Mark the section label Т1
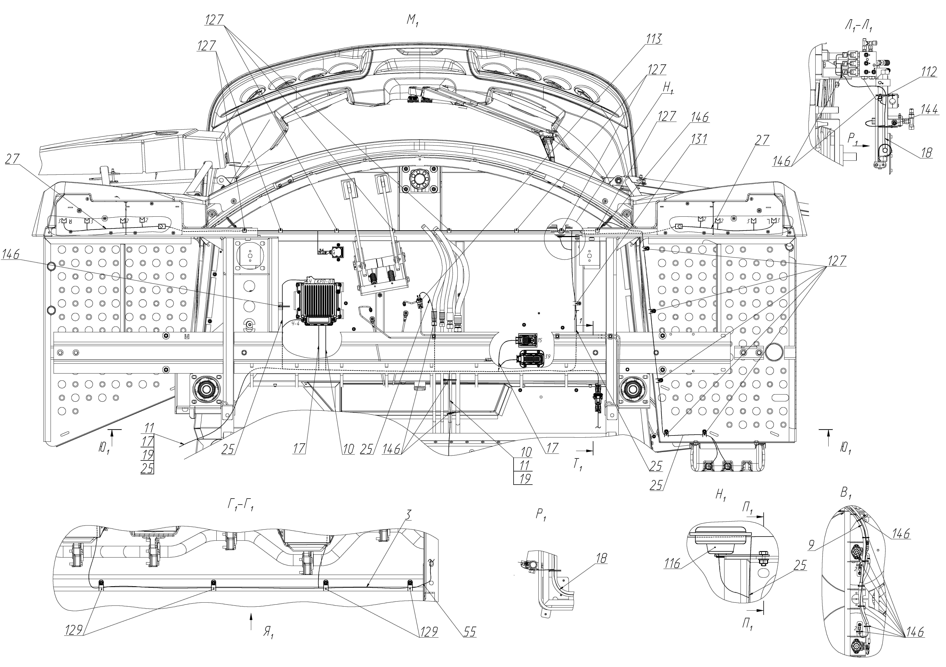coord(578,464)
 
